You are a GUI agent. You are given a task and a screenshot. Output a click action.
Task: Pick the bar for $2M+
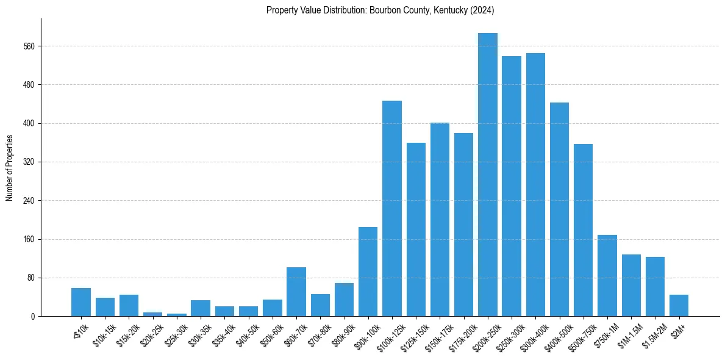679,306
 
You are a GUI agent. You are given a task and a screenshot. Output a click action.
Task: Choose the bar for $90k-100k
368,272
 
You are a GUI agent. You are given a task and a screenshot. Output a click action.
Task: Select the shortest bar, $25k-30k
177,315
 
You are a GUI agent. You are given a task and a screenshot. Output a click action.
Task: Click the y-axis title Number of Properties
9,168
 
